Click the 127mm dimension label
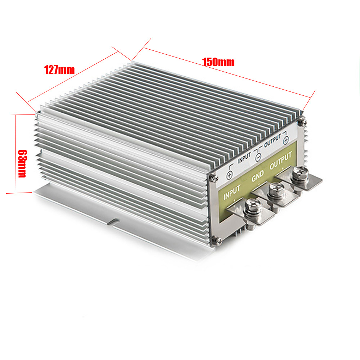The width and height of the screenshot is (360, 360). point(59,69)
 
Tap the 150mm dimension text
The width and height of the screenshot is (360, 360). point(218,62)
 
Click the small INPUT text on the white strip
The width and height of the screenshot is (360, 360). point(244,157)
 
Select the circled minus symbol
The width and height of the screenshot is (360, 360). point(258,157)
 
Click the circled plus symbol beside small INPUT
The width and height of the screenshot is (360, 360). point(229,175)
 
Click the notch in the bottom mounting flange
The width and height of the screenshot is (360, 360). point(114,221)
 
